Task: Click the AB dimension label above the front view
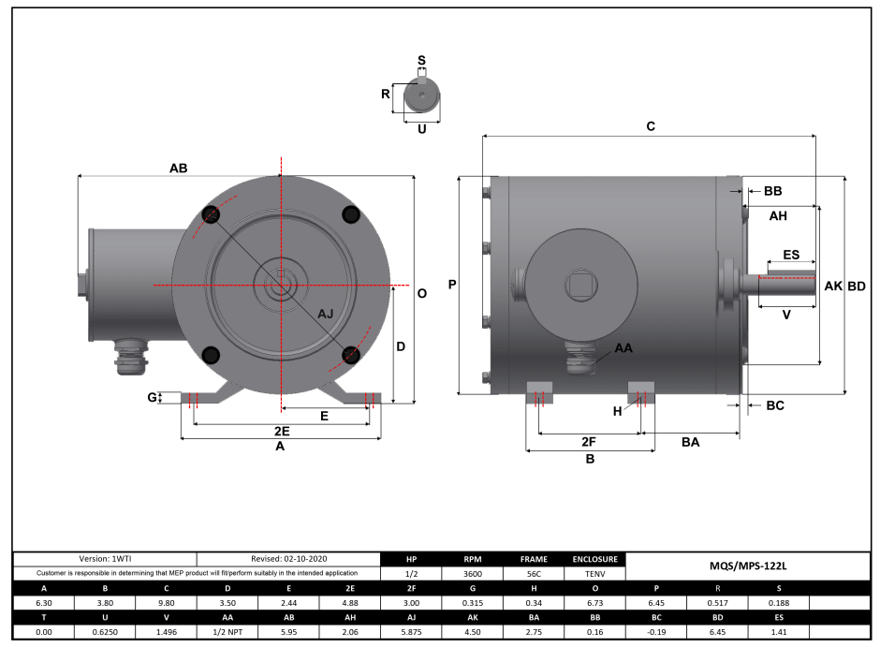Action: [178, 169]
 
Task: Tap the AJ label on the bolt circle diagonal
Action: [326, 314]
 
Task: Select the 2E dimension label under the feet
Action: [281, 431]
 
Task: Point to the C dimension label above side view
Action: [650, 126]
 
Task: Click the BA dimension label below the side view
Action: [690, 440]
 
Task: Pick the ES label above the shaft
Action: [790, 255]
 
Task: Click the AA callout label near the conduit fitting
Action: [623, 347]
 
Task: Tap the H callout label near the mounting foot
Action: [617, 410]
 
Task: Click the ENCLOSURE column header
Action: [593, 559]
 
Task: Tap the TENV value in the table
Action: [593, 573]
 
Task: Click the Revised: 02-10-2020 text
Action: [288, 559]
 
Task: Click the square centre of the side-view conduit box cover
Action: [578, 284]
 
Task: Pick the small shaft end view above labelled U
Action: [420, 97]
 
